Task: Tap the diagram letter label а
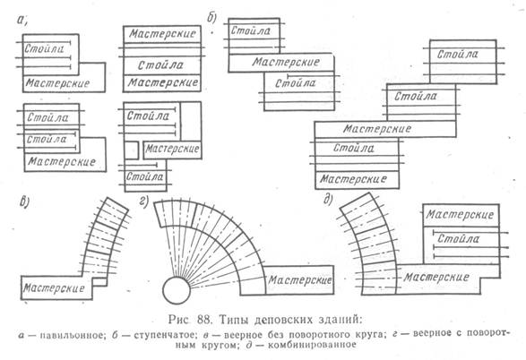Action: pyautogui.click(x=22, y=20)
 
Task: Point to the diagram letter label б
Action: pyautogui.click(x=212, y=17)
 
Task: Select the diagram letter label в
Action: pyautogui.click(x=24, y=202)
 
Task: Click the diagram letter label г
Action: pyautogui.click(x=144, y=201)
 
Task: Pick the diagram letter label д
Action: pyautogui.click(x=328, y=200)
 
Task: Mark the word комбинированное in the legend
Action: pyautogui.click(x=312, y=345)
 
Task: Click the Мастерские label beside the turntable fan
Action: pyautogui.click(x=299, y=280)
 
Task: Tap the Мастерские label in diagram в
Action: pyautogui.click(x=54, y=287)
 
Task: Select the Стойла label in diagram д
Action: pyautogui.click(x=458, y=239)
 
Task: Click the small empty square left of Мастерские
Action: pyautogui.click(x=131, y=150)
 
